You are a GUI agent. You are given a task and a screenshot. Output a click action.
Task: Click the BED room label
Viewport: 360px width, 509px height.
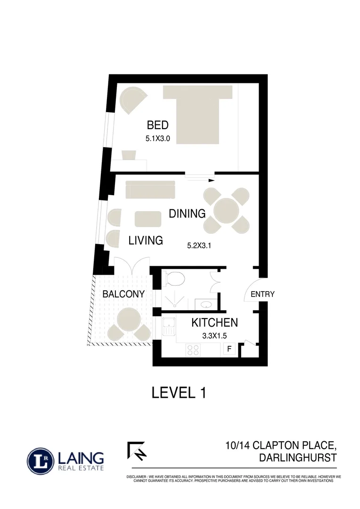click(x=158, y=125)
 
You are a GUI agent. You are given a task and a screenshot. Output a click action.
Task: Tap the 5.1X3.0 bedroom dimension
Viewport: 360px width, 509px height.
click(x=158, y=139)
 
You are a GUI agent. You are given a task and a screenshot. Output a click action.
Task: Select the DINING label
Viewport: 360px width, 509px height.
click(x=187, y=213)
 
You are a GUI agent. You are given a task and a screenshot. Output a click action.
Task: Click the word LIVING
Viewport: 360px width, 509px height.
click(x=146, y=241)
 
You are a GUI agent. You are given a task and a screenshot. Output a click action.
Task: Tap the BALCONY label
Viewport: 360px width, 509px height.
click(x=123, y=294)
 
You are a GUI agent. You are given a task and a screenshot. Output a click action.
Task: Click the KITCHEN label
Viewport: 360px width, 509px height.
click(x=214, y=323)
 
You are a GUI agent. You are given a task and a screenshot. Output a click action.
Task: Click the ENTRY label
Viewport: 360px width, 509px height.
click(x=262, y=294)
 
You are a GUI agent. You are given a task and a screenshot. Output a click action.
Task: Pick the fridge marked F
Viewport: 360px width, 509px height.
click(x=229, y=349)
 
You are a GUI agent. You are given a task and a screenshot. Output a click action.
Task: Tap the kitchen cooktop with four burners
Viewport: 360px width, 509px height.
click(x=193, y=349)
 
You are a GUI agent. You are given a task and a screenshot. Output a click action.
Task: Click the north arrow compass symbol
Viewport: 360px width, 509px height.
click(x=136, y=451)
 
